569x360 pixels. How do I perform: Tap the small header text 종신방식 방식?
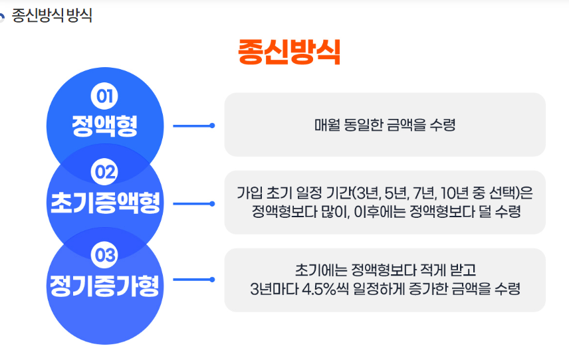(x=52, y=15)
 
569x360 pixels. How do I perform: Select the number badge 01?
(x=104, y=97)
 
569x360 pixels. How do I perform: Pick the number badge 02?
(x=104, y=173)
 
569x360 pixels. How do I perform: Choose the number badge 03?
(x=104, y=254)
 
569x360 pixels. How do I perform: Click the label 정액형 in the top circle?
(x=104, y=126)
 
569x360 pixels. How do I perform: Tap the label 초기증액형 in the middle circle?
(x=105, y=203)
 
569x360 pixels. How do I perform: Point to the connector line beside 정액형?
(x=193, y=125)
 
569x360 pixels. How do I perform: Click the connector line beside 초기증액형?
(x=193, y=203)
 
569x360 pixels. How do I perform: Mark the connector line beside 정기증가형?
(x=193, y=280)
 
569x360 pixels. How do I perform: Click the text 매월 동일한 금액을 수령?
(x=385, y=125)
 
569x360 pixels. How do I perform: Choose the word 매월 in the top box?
(x=327, y=125)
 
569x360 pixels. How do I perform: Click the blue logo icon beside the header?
(x=3, y=17)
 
